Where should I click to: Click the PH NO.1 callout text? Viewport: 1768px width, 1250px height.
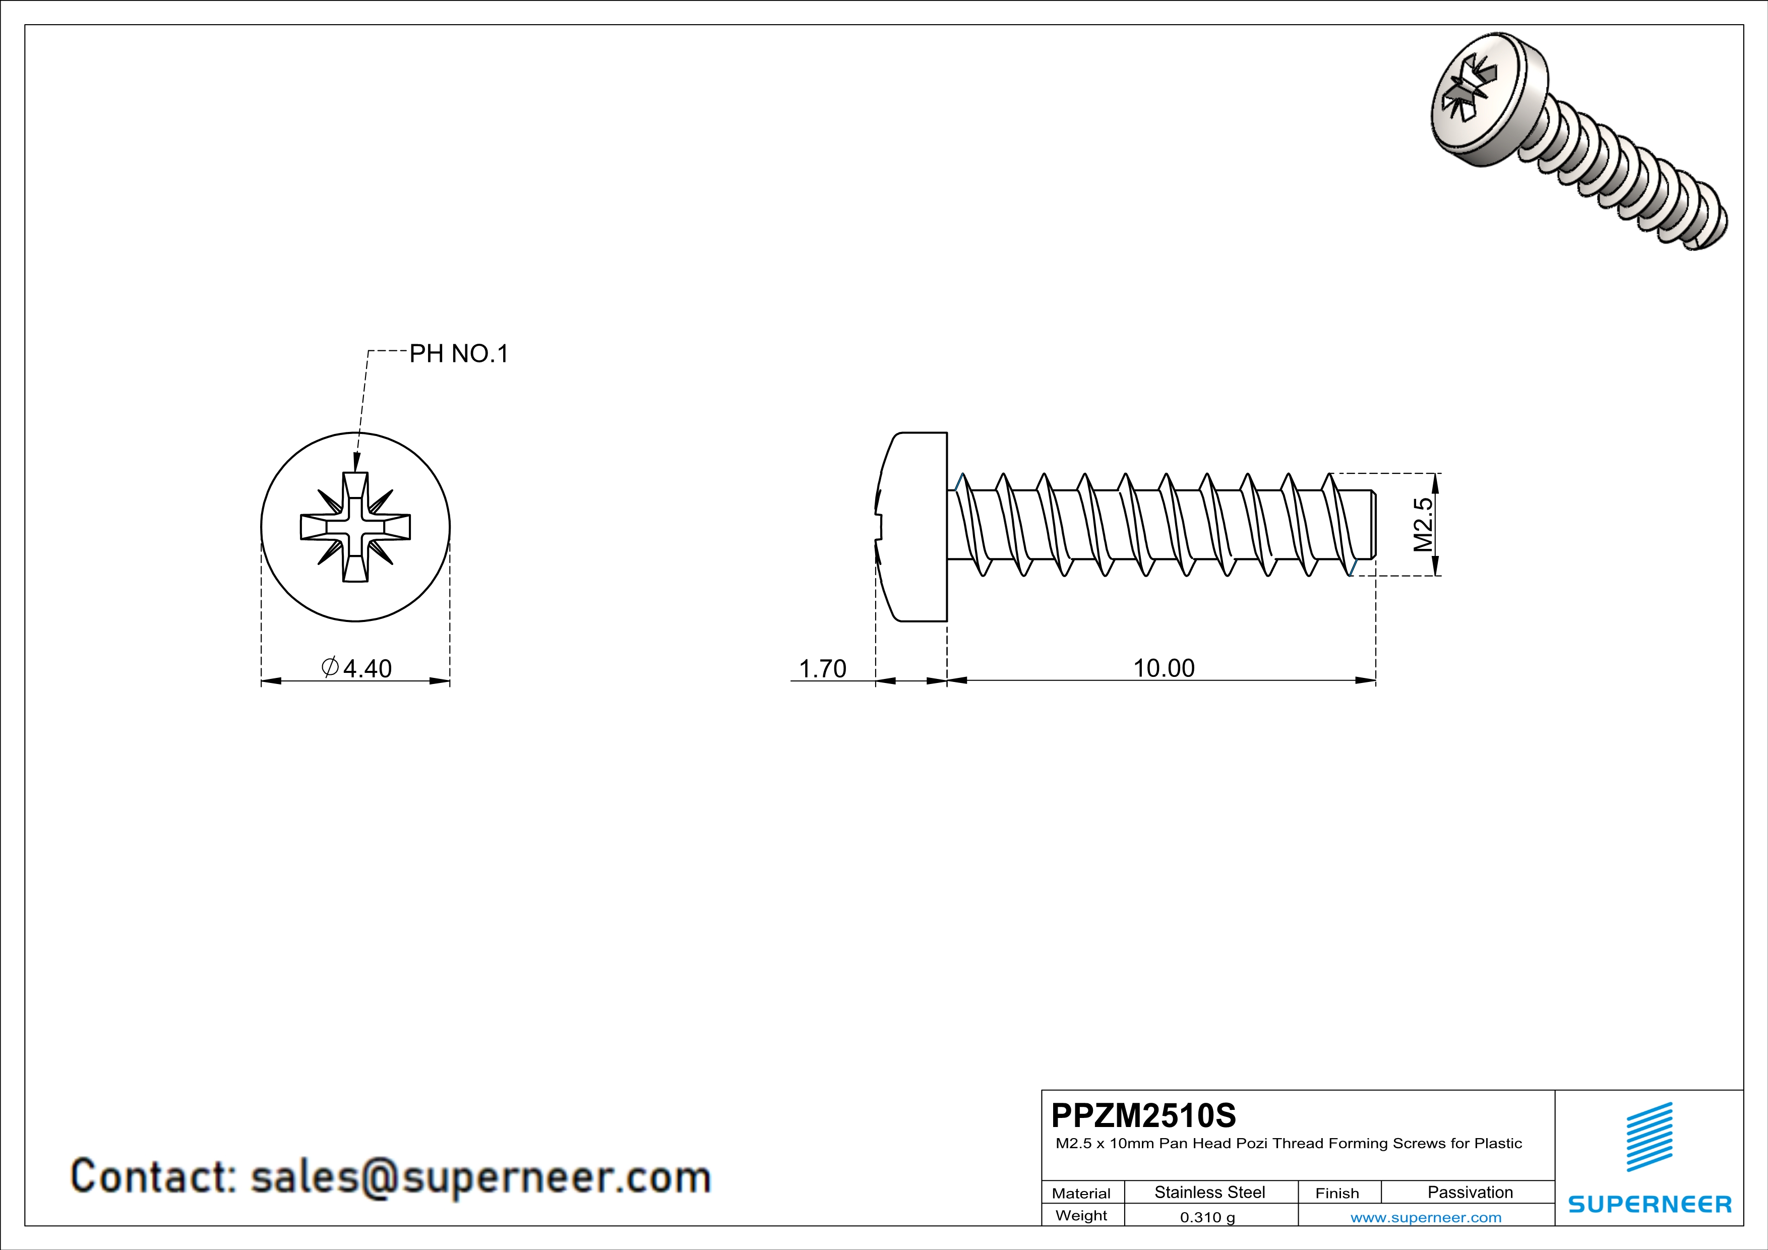click(458, 354)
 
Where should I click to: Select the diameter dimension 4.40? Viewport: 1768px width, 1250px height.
click(357, 668)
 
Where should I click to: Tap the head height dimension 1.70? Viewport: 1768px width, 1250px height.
click(822, 668)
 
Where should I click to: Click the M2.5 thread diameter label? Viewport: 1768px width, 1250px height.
click(1423, 525)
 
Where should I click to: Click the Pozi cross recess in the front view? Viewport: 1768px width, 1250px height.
click(355, 527)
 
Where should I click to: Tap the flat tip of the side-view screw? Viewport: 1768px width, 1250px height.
click(1374, 524)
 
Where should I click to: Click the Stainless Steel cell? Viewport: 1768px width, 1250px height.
click(1210, 1192)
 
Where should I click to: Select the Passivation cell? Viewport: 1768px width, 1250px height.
click(1470, 1192)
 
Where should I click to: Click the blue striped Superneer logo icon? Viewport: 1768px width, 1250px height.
click(1650, 1137)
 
